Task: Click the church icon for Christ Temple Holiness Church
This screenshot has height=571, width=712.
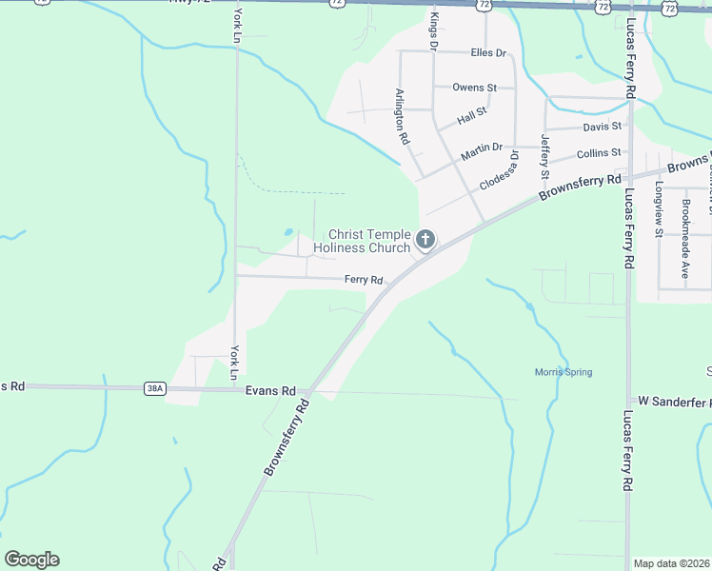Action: click(425, 240)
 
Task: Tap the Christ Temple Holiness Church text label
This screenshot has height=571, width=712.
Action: click(369, 241)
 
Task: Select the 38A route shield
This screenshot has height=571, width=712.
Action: click(155, 388)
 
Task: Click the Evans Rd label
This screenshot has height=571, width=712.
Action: click(270, 390)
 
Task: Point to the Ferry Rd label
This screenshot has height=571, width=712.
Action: click(364, 280)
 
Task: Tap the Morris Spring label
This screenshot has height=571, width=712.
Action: click(563, 372)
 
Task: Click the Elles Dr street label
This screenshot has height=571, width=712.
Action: click(488, 52)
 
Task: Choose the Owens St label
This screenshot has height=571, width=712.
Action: click(474, 88)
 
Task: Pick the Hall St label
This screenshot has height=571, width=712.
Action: click(471, 116)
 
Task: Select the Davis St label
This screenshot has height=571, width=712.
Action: click(602, 126)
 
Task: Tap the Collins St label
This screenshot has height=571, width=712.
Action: click(599, 152)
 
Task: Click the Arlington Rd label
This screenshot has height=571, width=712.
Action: click(403, 116)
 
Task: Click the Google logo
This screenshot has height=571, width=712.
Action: click(31, 560)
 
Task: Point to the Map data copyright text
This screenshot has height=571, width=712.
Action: click(671, 563)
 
